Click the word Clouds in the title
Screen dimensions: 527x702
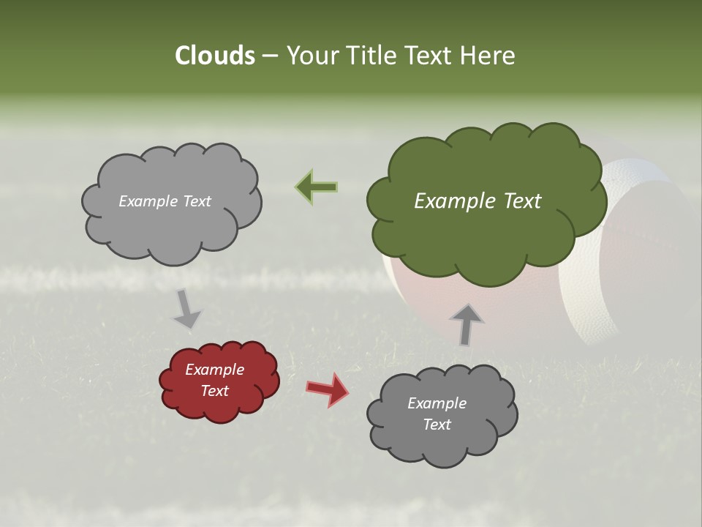coord(214,56)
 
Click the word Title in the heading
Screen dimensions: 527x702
coord(372,56)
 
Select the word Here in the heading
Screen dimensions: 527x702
coord(487,56)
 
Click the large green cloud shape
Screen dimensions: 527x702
coord(483,242)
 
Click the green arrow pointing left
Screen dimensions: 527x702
coord(316,187)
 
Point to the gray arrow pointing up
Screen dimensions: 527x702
coord(466,324)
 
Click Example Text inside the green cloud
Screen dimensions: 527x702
coord(478,201)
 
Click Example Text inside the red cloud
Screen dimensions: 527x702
coord(215,381)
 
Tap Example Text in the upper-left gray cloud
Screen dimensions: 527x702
coord(165,201)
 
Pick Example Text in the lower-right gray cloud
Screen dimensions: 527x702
coord(437,414)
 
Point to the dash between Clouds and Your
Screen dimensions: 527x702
coord(270,56)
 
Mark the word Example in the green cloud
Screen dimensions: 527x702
coord(450,201)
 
